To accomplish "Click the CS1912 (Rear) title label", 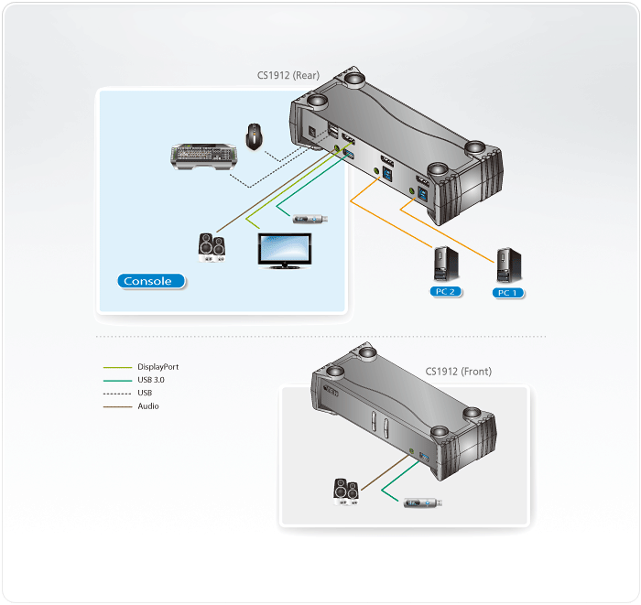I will pyautogui.click(x=288, y=77).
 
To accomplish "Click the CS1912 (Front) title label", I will pyautogui.click(x=458, y=372).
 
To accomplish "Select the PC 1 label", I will pyautogui.click(x=505, y=293).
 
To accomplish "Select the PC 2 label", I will pyautogui.click(x=446, y=292).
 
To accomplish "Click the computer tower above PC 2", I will pyautogui.click(x=446, y=265).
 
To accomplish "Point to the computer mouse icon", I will pyautogui.click(x=254, y=136).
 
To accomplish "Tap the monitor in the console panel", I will pyautogui.click(x=282, y=251).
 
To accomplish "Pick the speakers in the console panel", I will pyautogui.click(x=212, y=248).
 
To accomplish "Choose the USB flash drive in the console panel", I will pyautogui.click(x=309, y=218).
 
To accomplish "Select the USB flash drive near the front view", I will pyautogui.click(x=423, y=502).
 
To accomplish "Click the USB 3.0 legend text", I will pyautogui.click(x=151, y=379).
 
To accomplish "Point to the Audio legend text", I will pyautogui.click(x=147, y=405).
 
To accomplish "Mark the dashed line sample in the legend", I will pyautogui.click(x=116, y=393).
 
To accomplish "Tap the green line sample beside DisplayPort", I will pyautogui.click(x=116, y=366).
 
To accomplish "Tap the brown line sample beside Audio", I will pyautogui.click(x=116, y=405).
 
